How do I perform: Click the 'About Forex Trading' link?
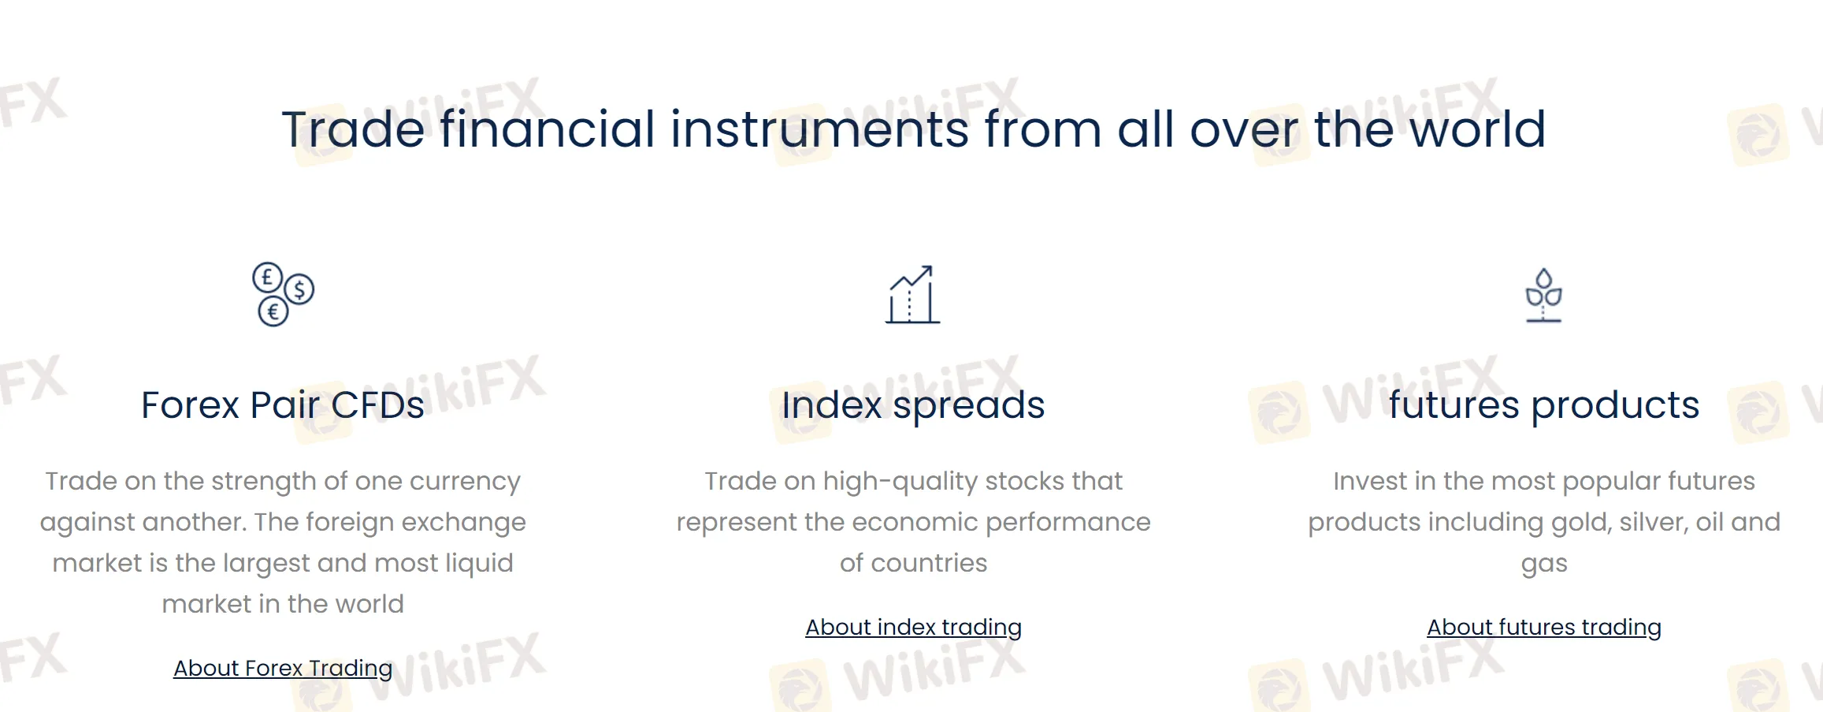pyautogui.click(x=283, y=668)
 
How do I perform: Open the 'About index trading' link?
pyautogui.click(x=913, y=627)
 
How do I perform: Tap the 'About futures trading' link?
pyautogui.click(x=1543, y=627)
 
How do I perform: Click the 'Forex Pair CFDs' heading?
pyautogui.click(x=282, y=405)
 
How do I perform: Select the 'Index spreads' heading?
pyautogui.click(x=913, y=405)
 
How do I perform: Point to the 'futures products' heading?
pyautogui.click(x=1543, y=405)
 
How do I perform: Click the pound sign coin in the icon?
pyautogui.click(x=267, y=278)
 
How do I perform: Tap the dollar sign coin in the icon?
pyautogui.click(x=299, y=289)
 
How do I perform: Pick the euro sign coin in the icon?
pyautogui.click(x=273, y=311)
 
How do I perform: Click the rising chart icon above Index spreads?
pyautogui.click(x=912, y=295)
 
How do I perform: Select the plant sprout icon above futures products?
pyautogui.click(x=1543, y=295)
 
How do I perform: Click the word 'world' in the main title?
pyautogui.click(x=1477, y=129)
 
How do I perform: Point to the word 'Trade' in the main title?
pyautogui.click(x=353, y=129)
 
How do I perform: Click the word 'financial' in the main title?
pyautogui.click(x=547, y=129)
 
